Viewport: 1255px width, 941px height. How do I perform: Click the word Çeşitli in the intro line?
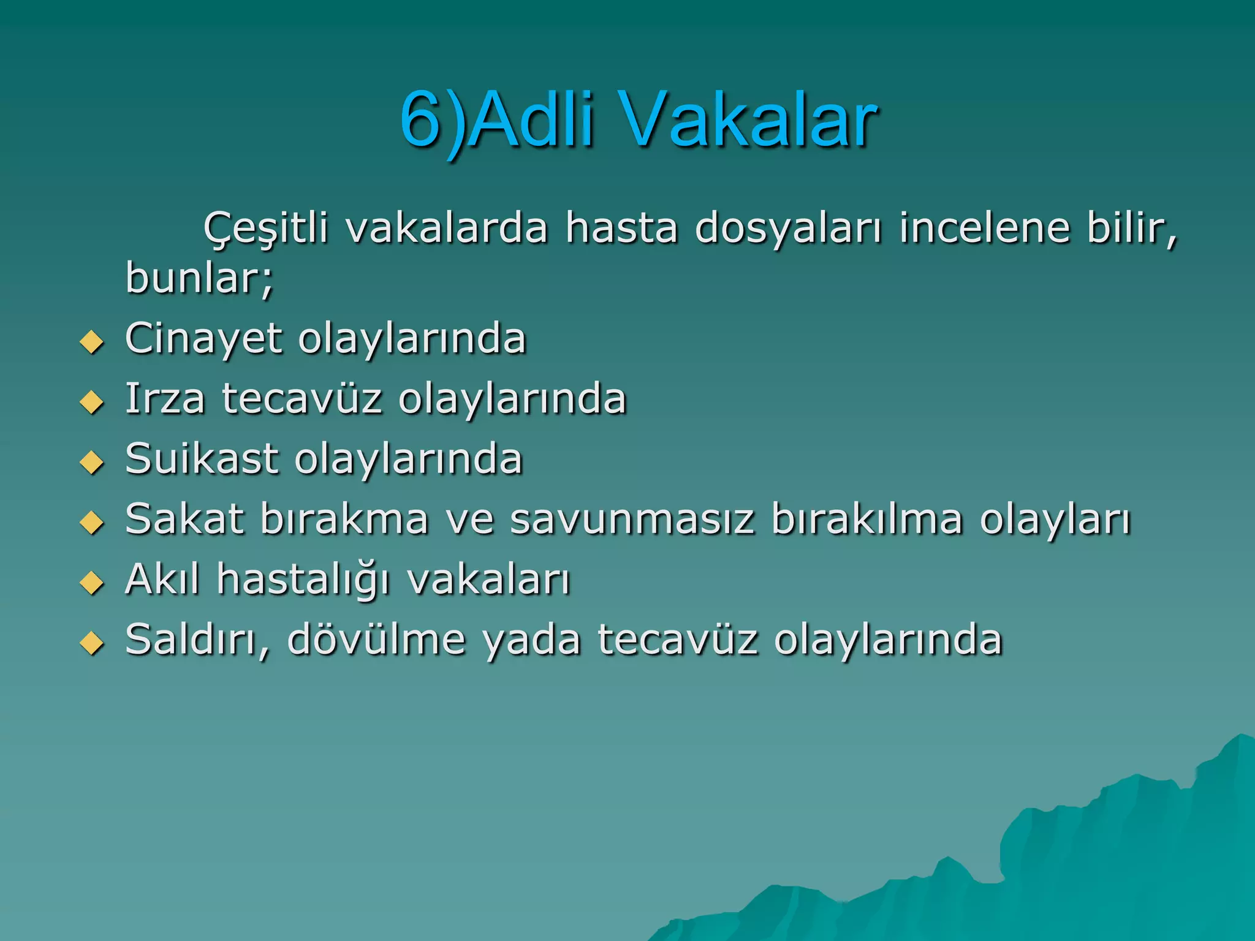(266, 229)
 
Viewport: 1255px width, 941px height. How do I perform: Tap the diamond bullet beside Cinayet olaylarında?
(93, 342)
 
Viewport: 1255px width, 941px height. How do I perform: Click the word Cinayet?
(203, 339)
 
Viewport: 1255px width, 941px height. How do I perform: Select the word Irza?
(165, 399)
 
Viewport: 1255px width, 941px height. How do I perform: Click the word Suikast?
(202, 459)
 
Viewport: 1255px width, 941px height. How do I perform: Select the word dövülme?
(376, 640)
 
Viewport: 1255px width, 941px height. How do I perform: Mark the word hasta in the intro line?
(621, 229)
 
